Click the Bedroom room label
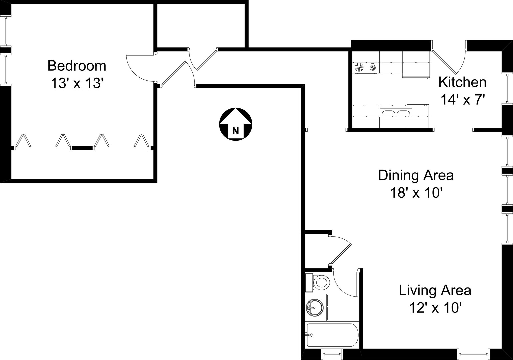click(x=77, y=66)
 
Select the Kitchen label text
click(x=462, y=82)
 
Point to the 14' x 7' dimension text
click(x=463, y=100)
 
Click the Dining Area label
click(x=416, y=176)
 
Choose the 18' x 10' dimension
click(x=416, y=192)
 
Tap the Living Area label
click(x=435, y=290)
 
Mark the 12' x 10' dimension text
click(x=435, y=308)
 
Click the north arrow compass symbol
click(x=236, y=124)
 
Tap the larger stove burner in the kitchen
click(x=359, y=67)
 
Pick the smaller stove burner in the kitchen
click(x=373, y=67)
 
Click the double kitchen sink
click(x=396, y=113)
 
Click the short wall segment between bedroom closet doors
click(x=82, y=148)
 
